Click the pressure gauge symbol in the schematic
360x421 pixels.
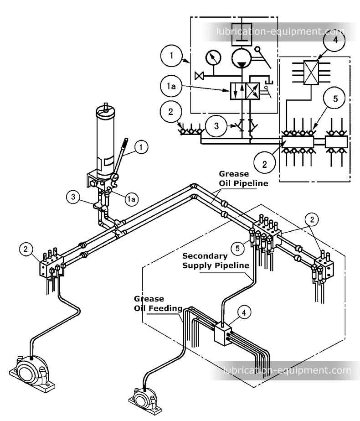pos(213,58)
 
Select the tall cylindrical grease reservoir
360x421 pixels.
pos(106,137)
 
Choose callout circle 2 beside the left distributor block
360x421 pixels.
pos(26,249)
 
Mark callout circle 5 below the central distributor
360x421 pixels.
pos(236,248)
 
